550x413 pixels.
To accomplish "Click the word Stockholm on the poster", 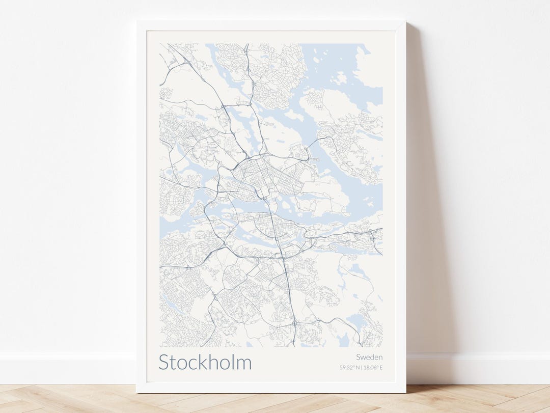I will [205, 362].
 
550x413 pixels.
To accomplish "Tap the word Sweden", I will [369, 357].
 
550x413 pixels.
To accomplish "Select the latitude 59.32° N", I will [350, 367].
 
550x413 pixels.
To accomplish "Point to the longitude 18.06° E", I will [373, 367].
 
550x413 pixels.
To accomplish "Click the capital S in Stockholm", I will [163, 362].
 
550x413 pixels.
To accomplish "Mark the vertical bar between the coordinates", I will [362, 367].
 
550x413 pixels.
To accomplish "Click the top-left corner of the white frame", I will [137, 22].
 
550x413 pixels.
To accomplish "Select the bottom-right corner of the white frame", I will [405, 392].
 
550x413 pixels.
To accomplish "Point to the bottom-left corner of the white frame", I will [137, 392].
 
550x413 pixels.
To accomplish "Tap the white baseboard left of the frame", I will [66, 367].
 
